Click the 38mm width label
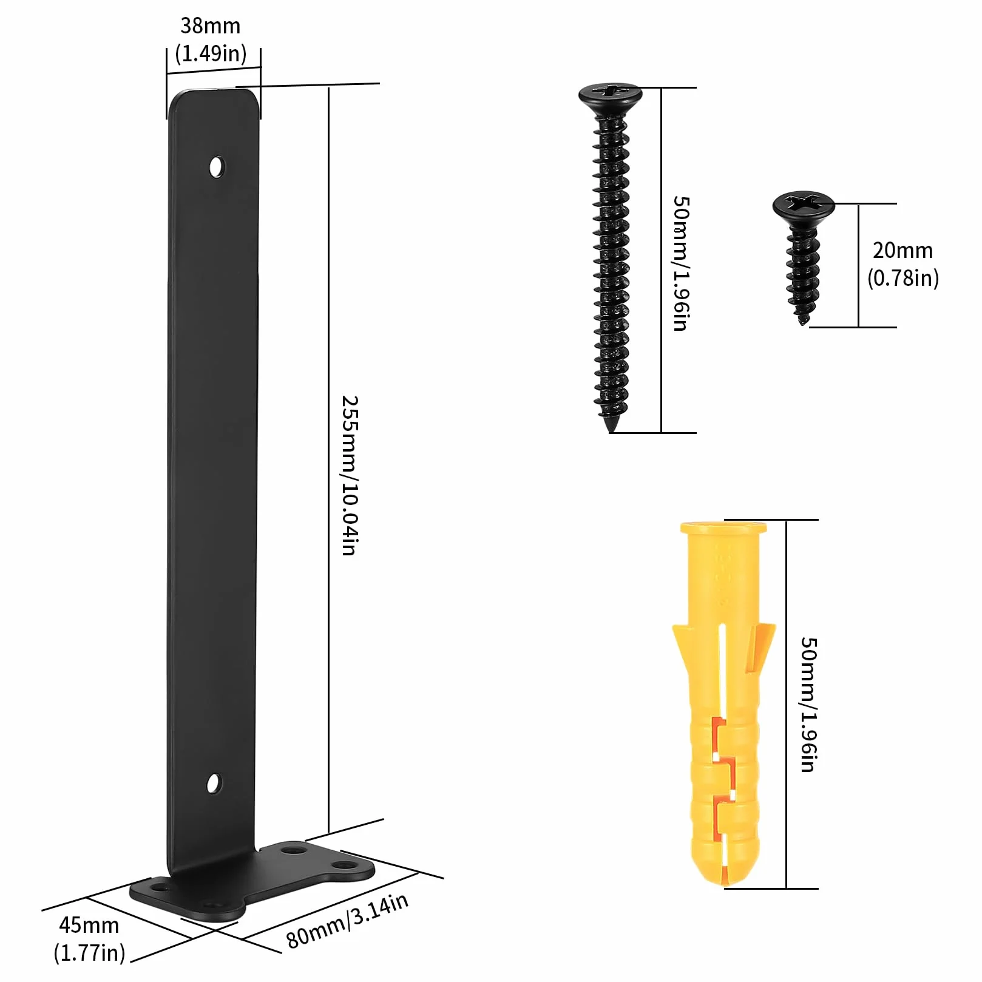(x=211, y=26)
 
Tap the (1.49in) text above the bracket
(x=211, y=53)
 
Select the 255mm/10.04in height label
(x=350, y=475)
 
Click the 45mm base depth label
(x=89, y=925)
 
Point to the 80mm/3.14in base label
(x=347, y=921)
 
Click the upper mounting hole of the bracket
(x=216, y=166)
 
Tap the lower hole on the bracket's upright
(x=214, y=784)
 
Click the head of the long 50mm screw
(x=609, y=95)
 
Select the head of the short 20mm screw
(x=804, y=206)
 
